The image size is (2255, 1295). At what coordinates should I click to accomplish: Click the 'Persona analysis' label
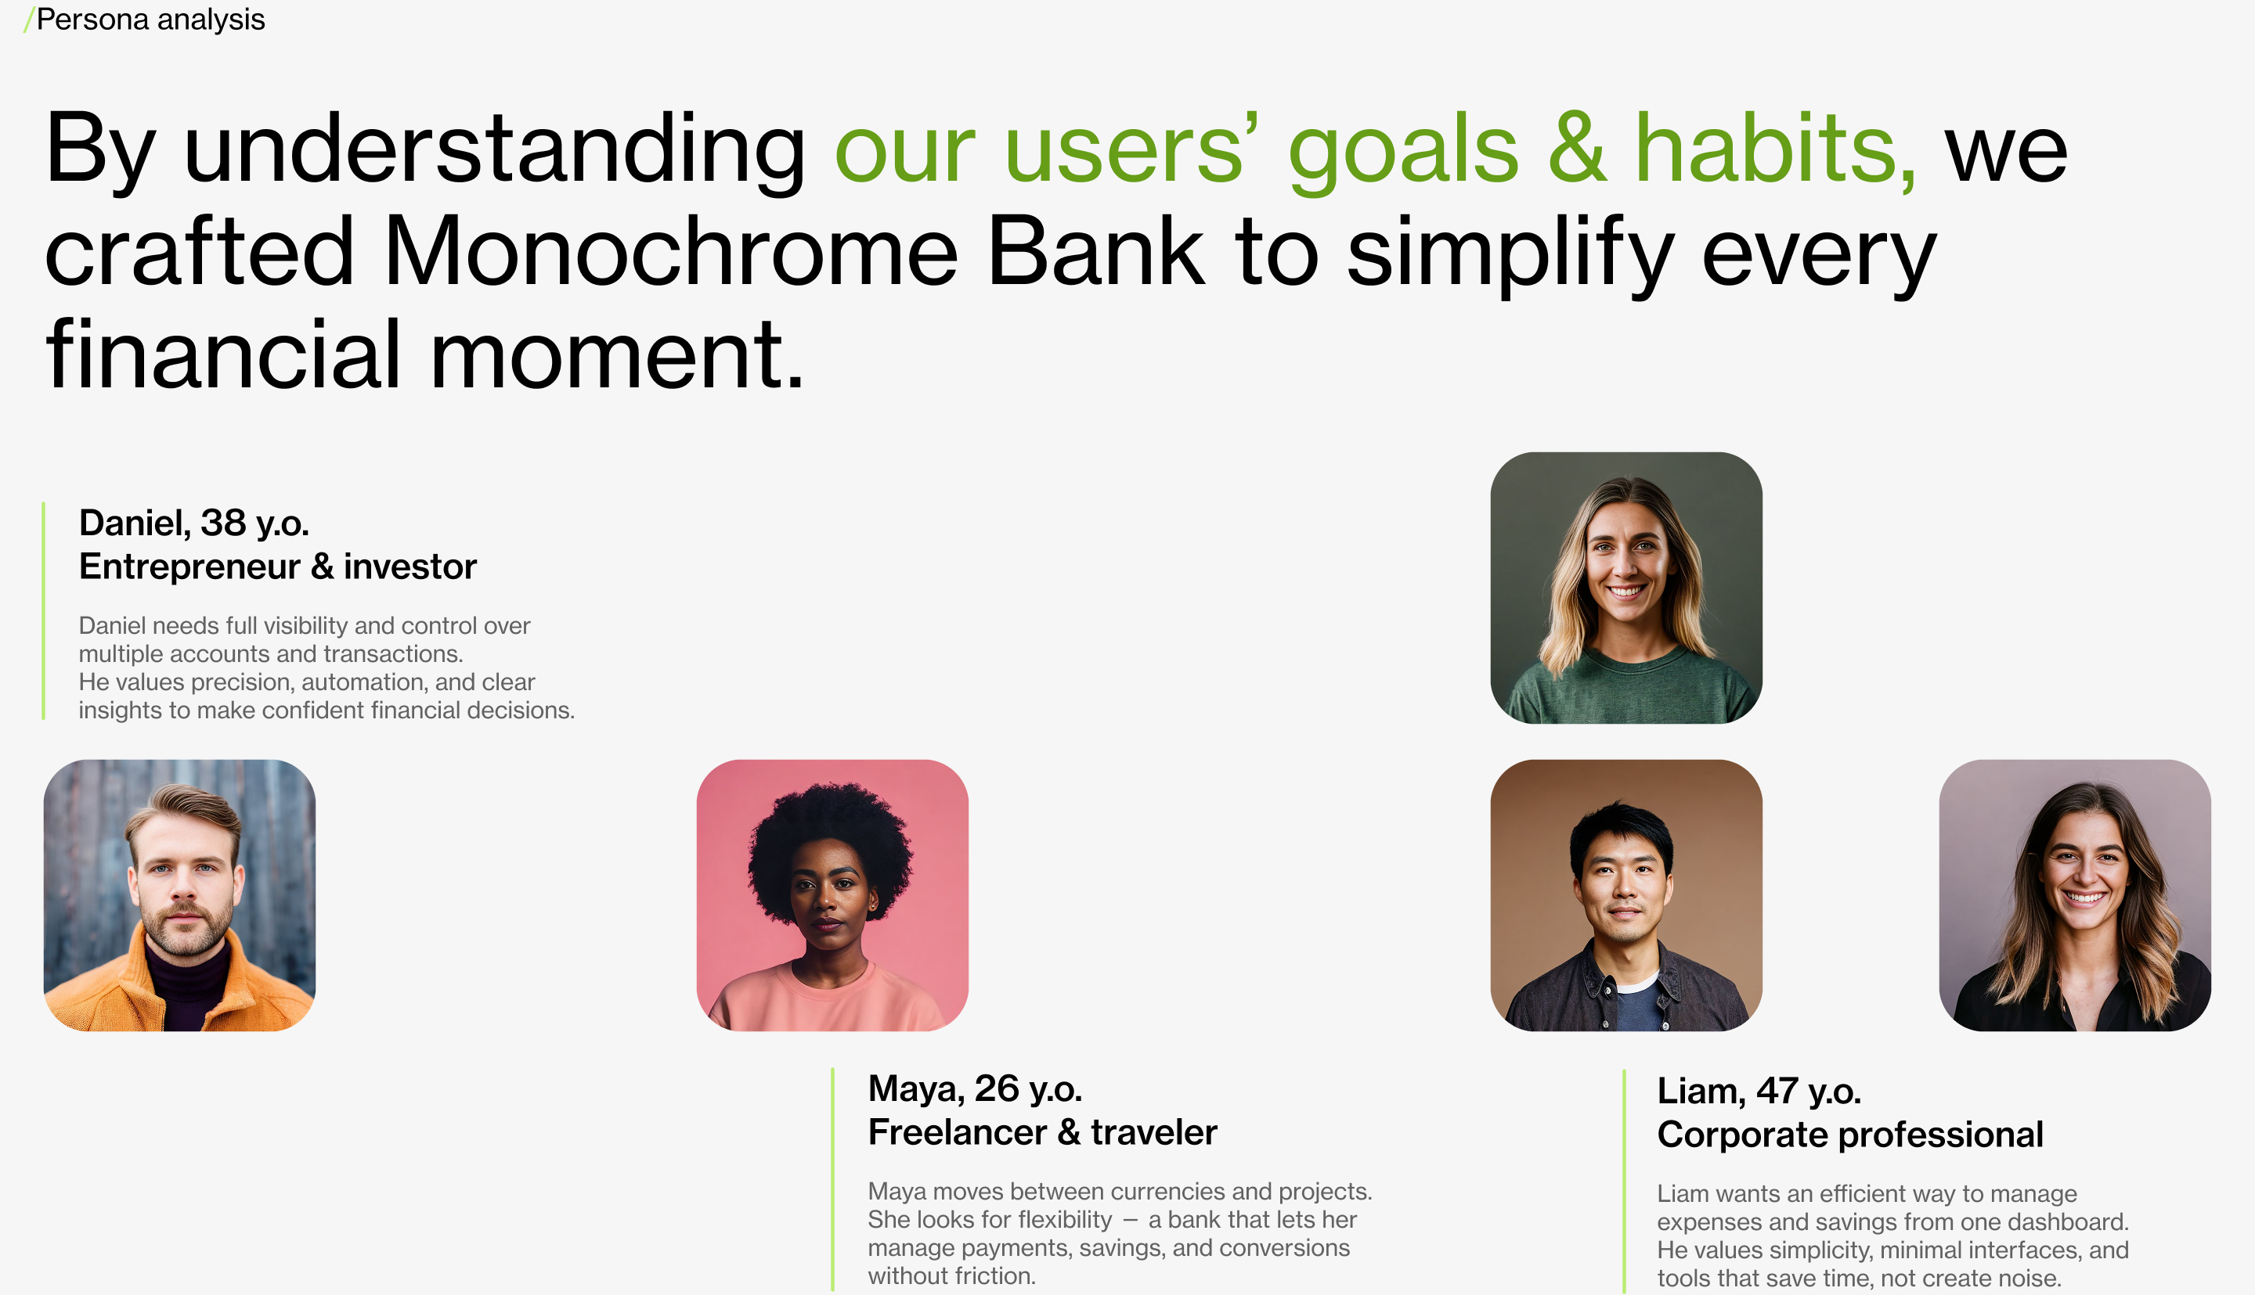coord(150,19)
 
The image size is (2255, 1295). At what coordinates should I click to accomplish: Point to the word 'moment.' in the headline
coord(617,355)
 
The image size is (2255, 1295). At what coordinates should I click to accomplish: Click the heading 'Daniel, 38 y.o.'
coord(194,523)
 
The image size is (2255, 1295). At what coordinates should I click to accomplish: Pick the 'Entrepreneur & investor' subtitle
coord(278,567)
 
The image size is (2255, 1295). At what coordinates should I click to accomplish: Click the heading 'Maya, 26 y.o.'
coord(975,1088)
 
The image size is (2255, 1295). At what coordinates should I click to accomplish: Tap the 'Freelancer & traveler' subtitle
coord(1042,1132)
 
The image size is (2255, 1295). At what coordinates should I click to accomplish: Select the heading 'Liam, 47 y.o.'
coord(1759,1092)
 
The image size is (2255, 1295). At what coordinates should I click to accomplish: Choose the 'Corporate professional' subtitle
coord(1850,1135)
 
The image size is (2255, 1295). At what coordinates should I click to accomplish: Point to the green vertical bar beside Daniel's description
coord(44,611)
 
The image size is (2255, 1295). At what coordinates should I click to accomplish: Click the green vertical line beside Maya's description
coord(833,1178)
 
